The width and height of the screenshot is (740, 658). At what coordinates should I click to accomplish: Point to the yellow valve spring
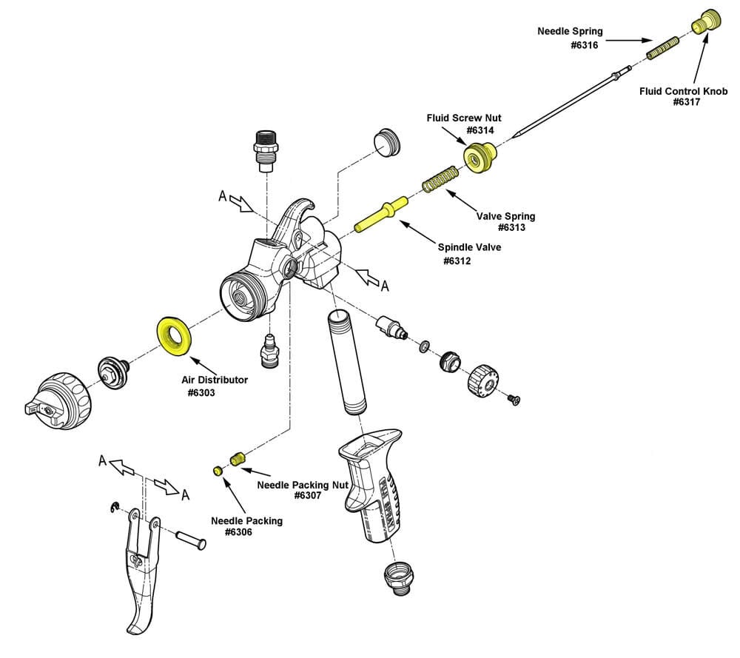tap(441, 178)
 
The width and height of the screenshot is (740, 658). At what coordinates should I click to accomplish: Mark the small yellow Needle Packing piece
tap(218, 471)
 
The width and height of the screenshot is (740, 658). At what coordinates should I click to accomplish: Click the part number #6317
tap(687, 103)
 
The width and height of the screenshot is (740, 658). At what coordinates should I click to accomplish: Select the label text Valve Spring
tap(505, 216)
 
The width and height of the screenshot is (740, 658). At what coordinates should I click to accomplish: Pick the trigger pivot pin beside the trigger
tap(190, 539)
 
